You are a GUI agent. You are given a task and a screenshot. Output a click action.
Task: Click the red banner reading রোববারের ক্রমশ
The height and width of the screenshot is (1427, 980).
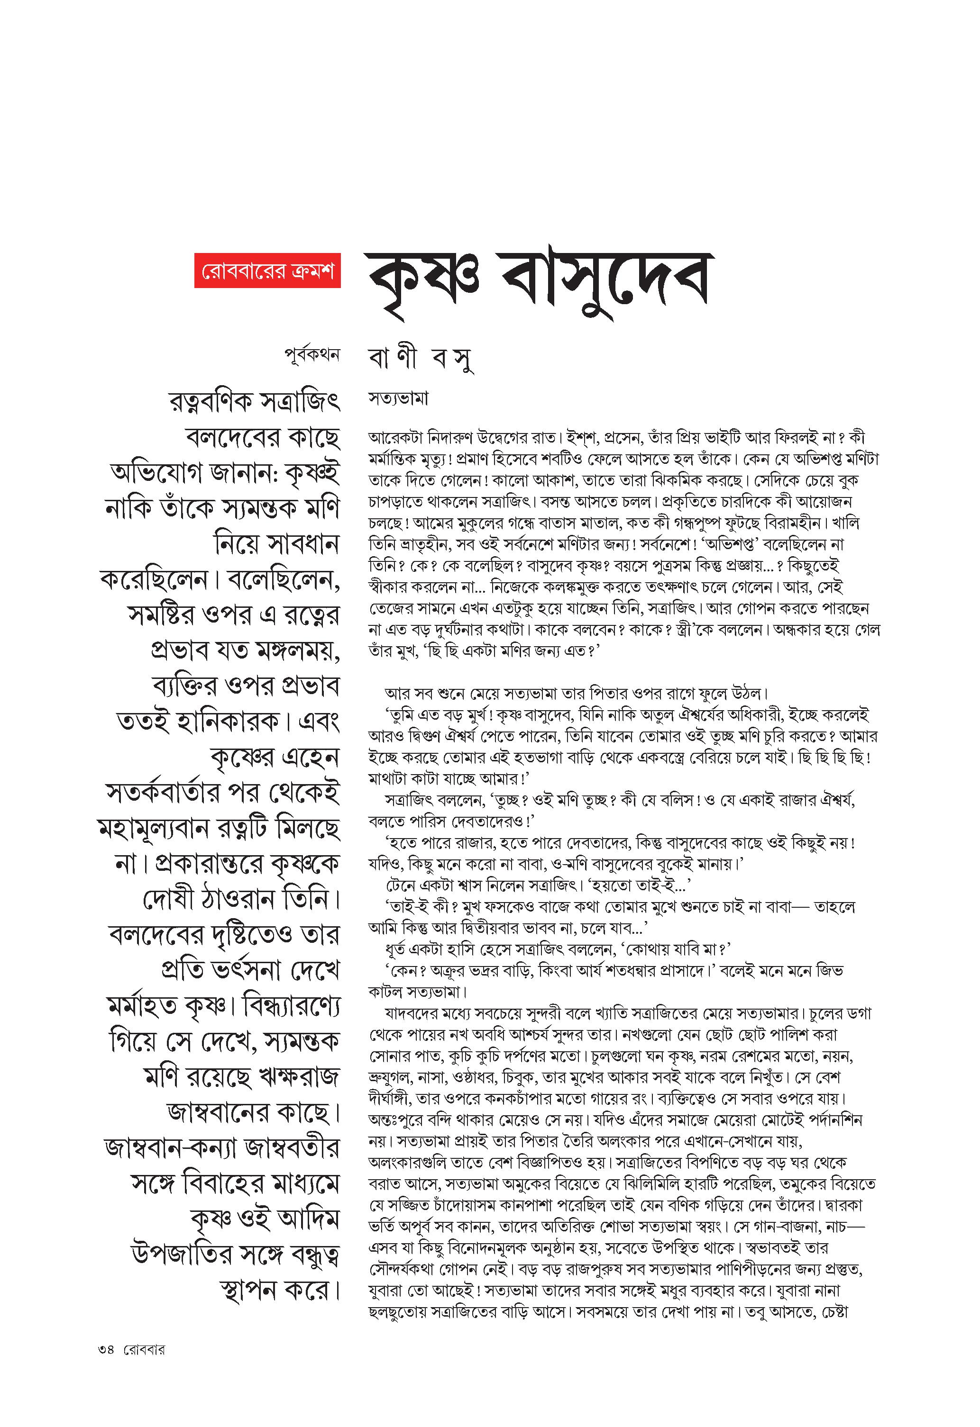click(x=267, y=271)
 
